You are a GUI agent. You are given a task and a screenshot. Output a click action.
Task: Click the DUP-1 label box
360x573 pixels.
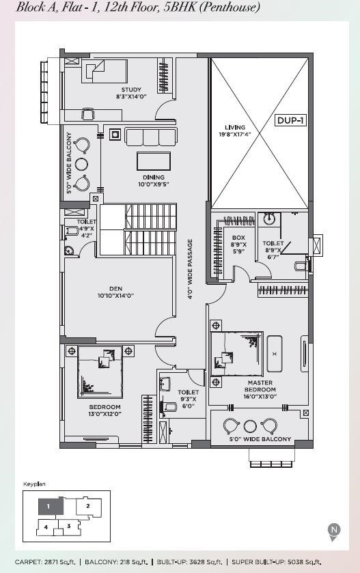[290, 120]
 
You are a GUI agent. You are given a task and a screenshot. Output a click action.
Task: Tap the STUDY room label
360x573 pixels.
[131, 89]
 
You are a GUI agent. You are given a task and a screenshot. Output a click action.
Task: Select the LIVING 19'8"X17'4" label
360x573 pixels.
[235, 131]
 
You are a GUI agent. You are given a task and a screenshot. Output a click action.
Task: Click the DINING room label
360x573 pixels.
[154, 178]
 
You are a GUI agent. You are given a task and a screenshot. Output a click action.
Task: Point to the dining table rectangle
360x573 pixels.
[154, 161]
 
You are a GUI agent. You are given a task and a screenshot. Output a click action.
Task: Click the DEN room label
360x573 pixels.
[115, 289]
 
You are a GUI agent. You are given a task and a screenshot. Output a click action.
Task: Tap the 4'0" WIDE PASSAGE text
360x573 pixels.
[190, 269]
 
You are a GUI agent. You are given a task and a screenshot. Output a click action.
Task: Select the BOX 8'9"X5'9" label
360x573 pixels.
[238, 244]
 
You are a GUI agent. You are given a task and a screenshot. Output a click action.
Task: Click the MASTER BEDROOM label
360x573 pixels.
[260, 386]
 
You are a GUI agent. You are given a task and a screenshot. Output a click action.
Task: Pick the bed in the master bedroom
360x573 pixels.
[237, 353]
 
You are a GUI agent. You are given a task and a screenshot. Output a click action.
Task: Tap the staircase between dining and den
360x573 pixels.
[138, 229]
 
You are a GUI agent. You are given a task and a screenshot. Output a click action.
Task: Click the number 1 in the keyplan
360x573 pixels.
[49, 507]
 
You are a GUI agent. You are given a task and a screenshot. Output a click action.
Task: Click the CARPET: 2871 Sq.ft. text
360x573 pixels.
[45, 561]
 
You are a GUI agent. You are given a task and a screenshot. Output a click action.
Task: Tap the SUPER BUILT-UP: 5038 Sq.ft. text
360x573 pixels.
[277, 561]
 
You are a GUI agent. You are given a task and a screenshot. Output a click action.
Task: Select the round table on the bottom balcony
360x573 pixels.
[250, 426]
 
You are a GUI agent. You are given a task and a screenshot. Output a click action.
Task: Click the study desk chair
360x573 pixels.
[88, 113]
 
